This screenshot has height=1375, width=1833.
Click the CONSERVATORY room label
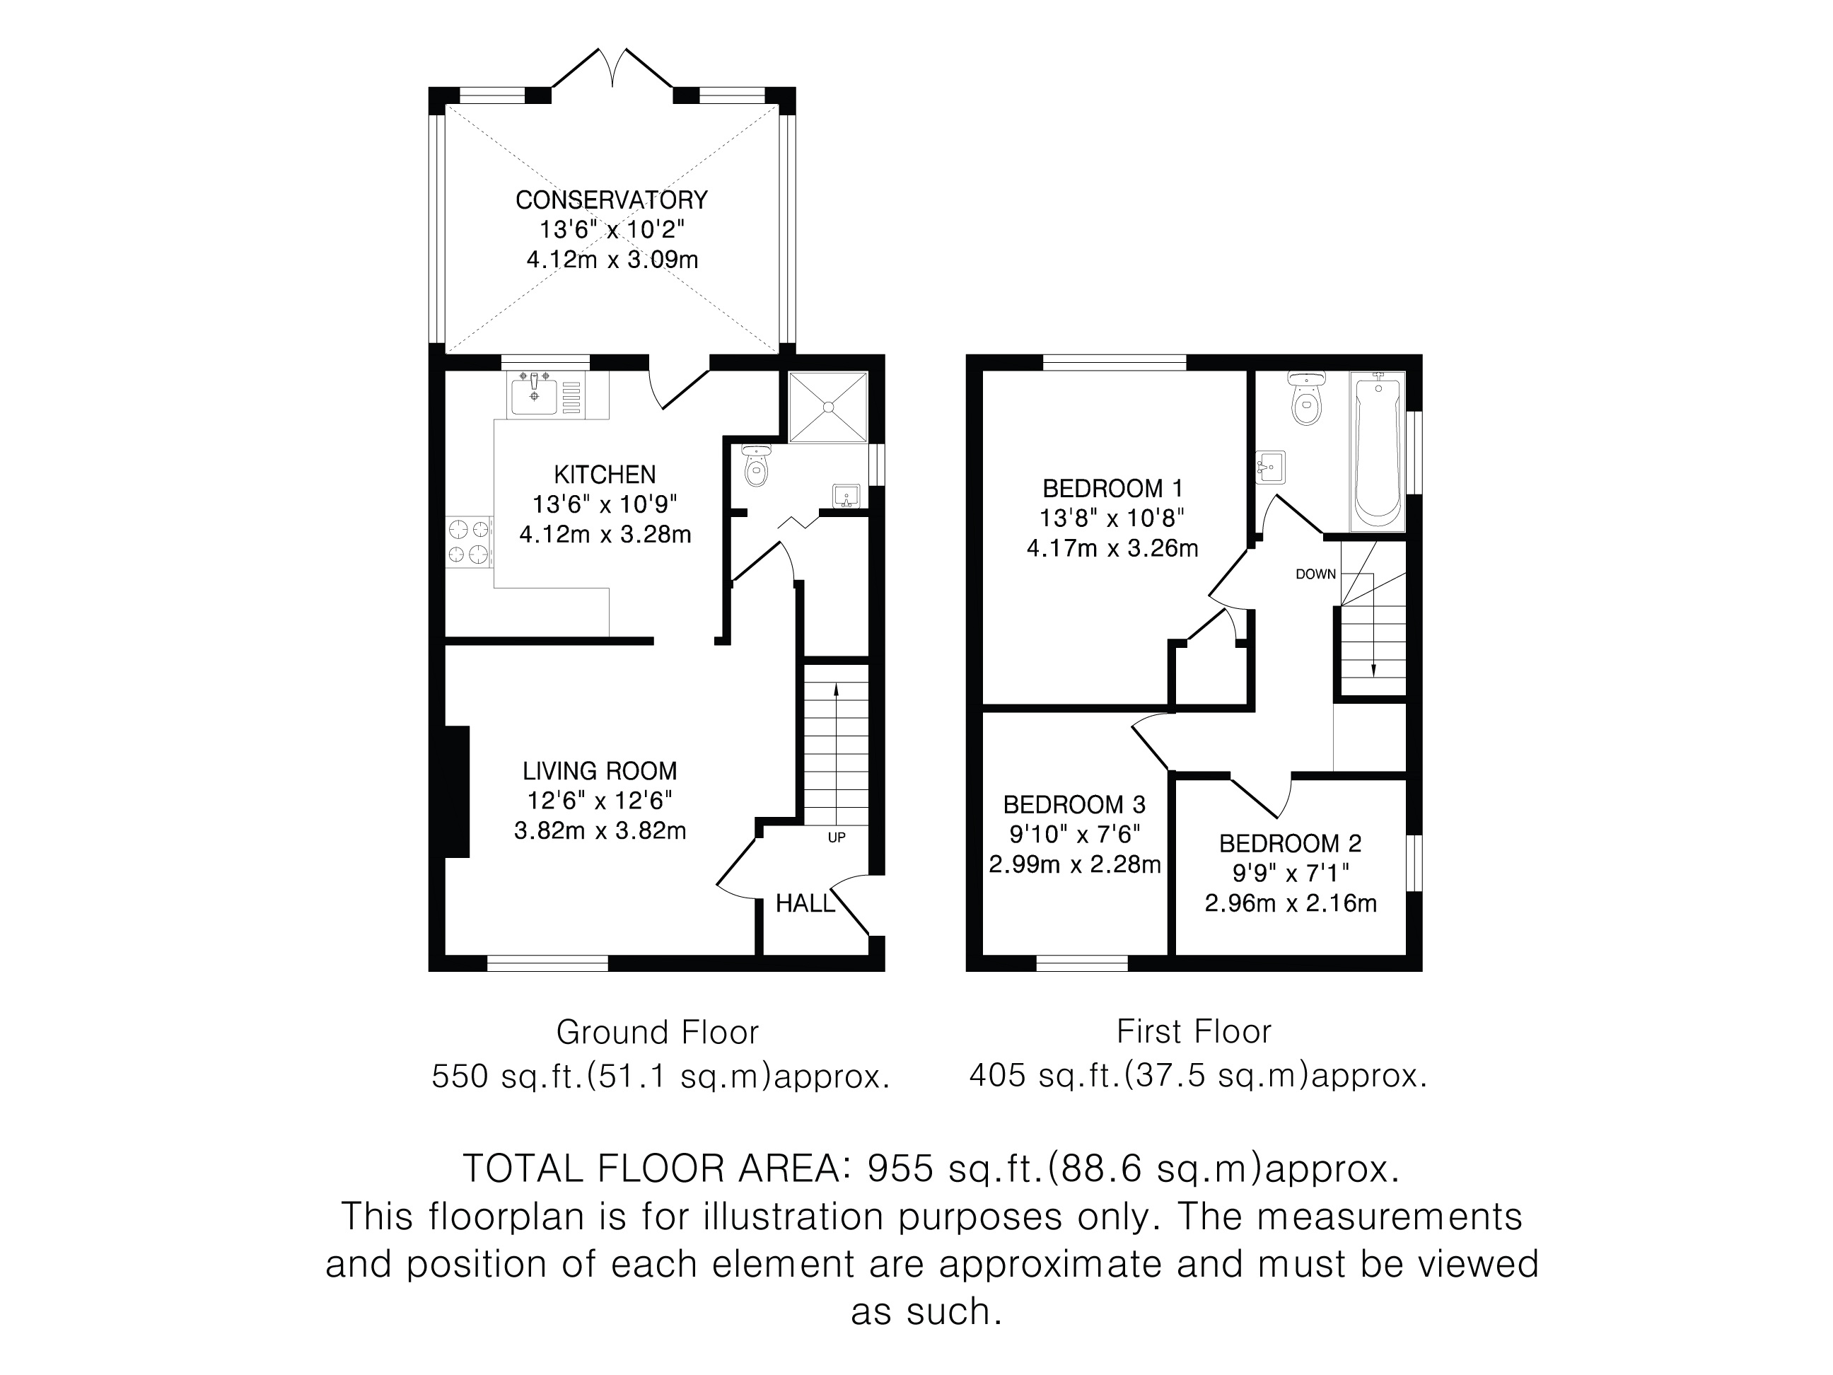pos(612,199)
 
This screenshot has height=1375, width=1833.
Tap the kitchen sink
pos(547,394)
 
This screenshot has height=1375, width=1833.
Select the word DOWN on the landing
pos(1316,574)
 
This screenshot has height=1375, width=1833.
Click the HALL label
pos(805,903)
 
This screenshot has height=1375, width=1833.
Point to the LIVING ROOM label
pos(600,771)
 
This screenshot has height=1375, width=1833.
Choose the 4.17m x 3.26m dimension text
pos(1112,548)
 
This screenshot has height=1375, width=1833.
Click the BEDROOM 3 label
pos(1074,804)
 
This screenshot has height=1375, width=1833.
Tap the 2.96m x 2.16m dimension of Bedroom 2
pos(1290,903)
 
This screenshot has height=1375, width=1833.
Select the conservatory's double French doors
pos(612,68)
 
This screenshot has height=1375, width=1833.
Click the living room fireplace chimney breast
pos(458,791)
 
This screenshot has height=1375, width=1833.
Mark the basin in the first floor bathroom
pos(1270,467)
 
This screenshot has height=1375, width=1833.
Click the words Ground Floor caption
pos(657,1033)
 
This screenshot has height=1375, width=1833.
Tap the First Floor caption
pos(1193,1032)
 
